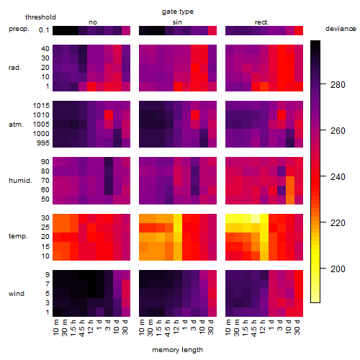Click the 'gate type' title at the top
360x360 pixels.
[178, 12]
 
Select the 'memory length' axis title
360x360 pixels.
[177, 350]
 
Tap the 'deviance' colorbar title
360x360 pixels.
[341, 29]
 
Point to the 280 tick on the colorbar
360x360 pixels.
[338, 85]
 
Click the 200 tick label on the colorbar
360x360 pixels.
[338, 269]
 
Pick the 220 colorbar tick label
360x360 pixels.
[338, 223]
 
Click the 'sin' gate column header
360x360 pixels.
[177, 22]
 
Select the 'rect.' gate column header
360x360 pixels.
[262, 22]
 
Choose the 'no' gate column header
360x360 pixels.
[93, 22]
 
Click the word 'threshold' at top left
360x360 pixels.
[40, 17]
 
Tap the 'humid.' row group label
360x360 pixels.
[20, 181]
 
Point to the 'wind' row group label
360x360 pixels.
[17, 294]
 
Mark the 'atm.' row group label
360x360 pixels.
[16, 125]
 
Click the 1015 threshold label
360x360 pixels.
[41, 106]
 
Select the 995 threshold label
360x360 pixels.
[43, 143]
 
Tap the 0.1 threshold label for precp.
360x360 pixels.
[44, 30]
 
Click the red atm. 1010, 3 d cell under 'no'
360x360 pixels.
[109, 115]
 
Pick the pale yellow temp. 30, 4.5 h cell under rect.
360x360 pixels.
[256, 218]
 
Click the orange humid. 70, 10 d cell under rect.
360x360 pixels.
[290, 181]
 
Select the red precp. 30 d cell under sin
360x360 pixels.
[212, 30]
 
